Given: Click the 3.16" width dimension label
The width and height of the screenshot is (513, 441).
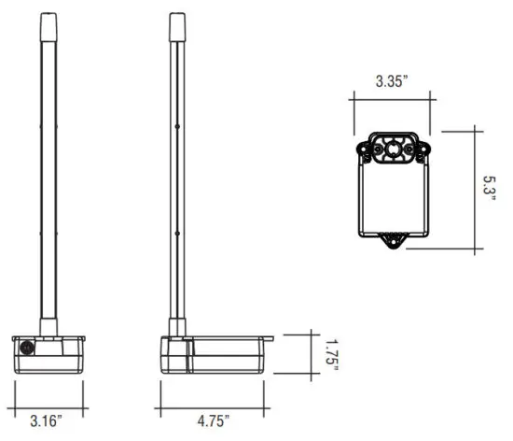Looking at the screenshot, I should click(x=47, y=422).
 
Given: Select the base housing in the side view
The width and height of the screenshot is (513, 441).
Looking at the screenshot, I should click(x=215, y=353).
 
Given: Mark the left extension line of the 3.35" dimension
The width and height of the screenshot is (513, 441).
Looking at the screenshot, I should click(x=353, y=112).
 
